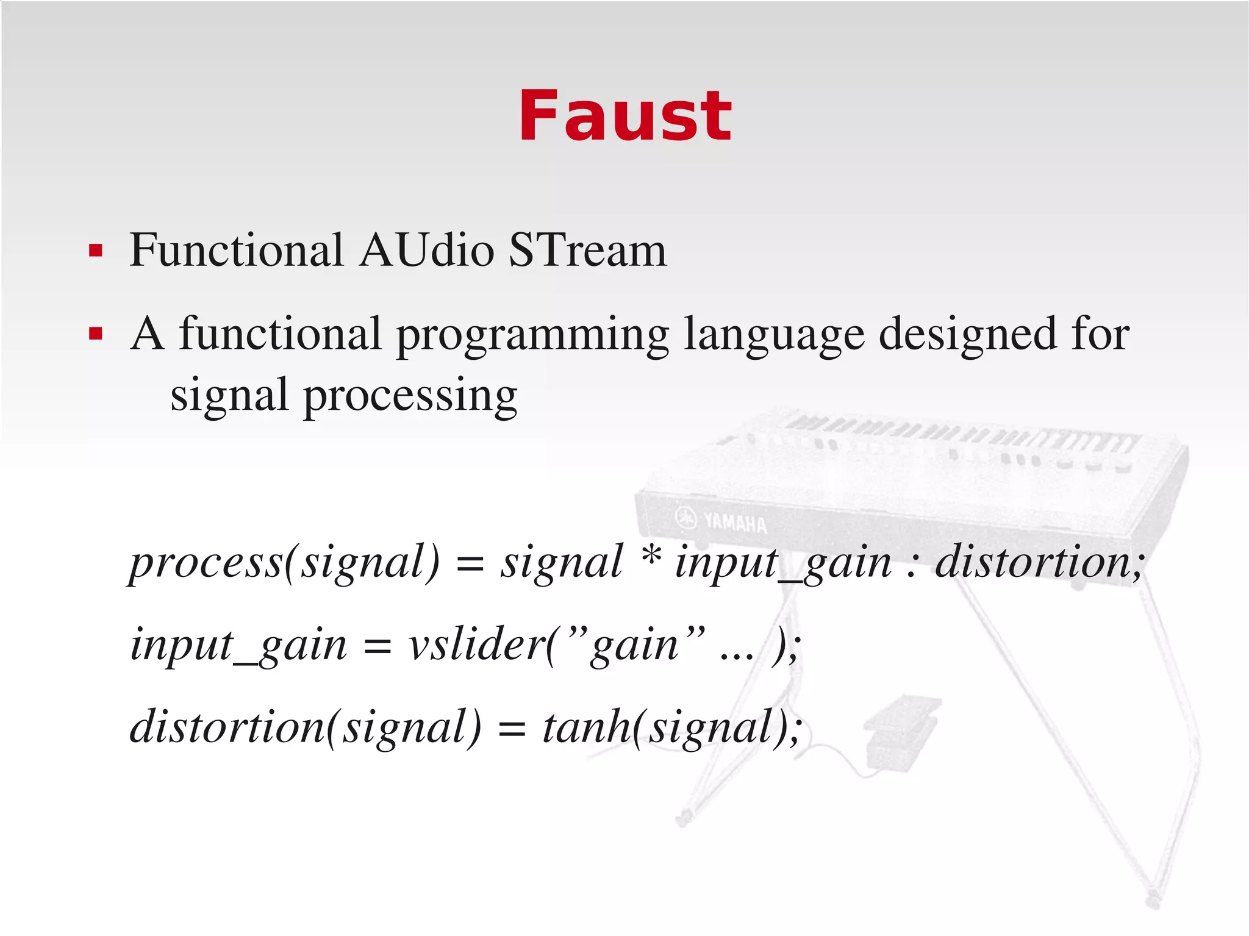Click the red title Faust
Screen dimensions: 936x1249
(x=624, y=116)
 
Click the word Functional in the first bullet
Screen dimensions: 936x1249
(x=236, y=250)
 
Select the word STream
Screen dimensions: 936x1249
(x=587, y=250)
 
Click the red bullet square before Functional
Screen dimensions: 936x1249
(x=95, y=251)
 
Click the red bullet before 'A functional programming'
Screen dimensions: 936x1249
(x=95, y=334)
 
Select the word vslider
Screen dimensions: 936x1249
(x=476, y=645)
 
